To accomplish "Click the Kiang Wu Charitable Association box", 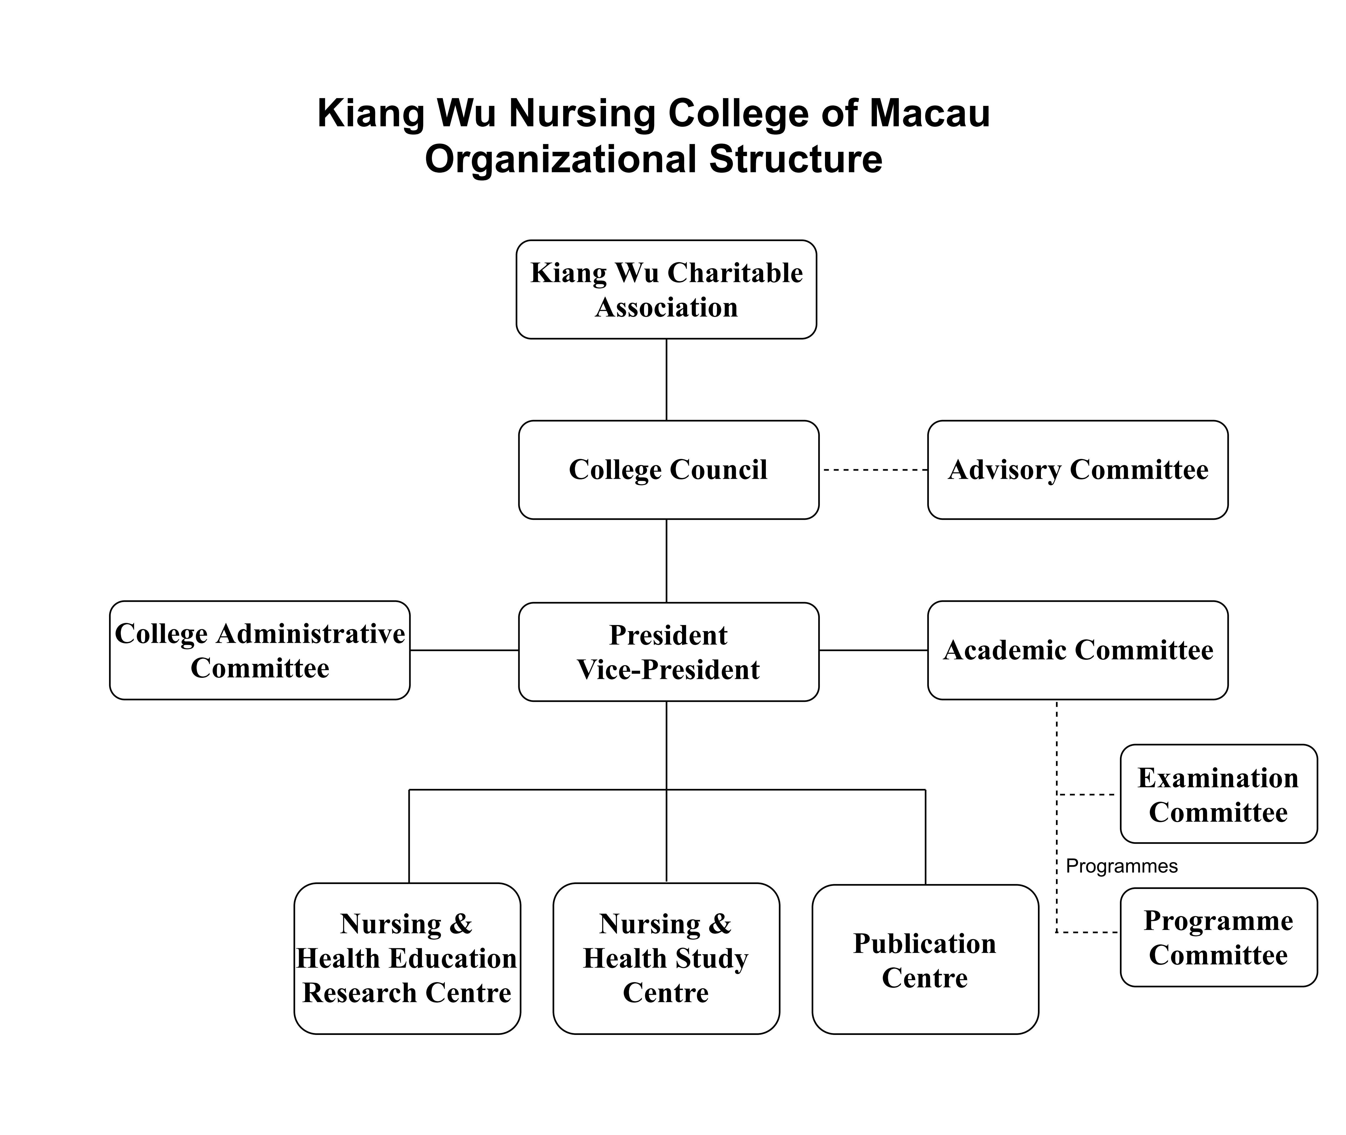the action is click(666, 290).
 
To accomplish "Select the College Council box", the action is click(669, 470).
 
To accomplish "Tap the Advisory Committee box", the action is click(1078, 470).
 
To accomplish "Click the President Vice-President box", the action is click(669, 652).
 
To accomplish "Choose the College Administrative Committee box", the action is click(260, 650).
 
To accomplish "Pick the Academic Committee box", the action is click(1078, 650).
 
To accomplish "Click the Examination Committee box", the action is click(1219, 794).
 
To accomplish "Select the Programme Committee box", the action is click(1219, 938).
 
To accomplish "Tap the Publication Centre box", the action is click(925, 959).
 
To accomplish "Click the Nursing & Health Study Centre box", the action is click(666, 959).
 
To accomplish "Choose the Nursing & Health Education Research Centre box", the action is click(407, 959).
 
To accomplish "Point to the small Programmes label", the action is click(1122, 866).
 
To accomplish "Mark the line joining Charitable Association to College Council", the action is click(666, 380).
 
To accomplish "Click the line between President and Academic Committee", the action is click(873, 650).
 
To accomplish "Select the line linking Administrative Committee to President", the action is click(464, 650).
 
